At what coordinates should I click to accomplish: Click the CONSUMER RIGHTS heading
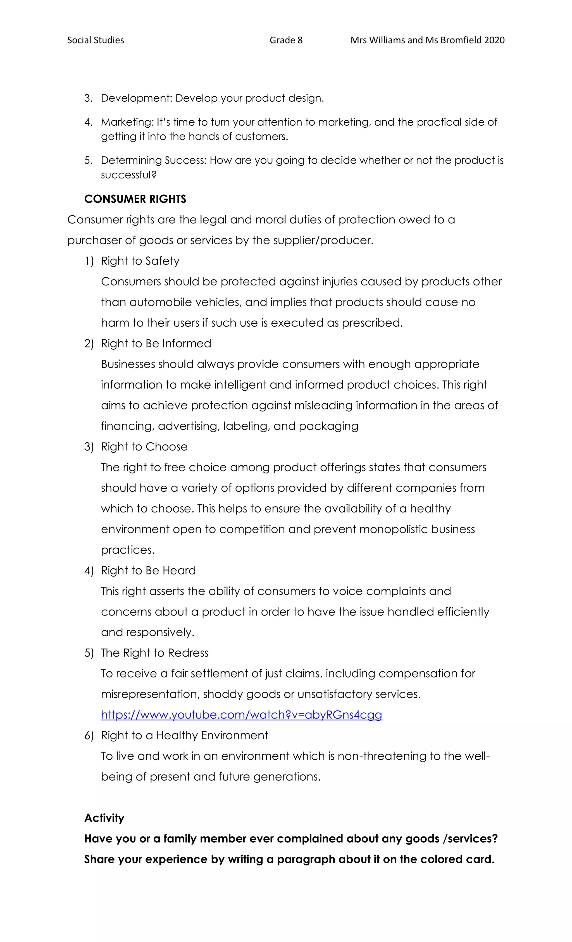(x=135, y=199)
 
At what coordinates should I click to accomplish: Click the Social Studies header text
(x=96, y=40)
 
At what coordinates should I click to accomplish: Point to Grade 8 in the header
(x=286, y=40)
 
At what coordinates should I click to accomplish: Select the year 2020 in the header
(x=494, y=40)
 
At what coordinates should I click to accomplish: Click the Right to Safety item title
(x=140, y=261)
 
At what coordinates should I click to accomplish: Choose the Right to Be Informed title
(x=156, y=343)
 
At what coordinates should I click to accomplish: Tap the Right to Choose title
(x=144, y=447)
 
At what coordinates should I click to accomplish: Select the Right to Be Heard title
(x=148, y=570)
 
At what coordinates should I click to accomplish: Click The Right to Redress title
(x=154, y=653)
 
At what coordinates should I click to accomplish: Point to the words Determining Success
(x=153, y=160)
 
